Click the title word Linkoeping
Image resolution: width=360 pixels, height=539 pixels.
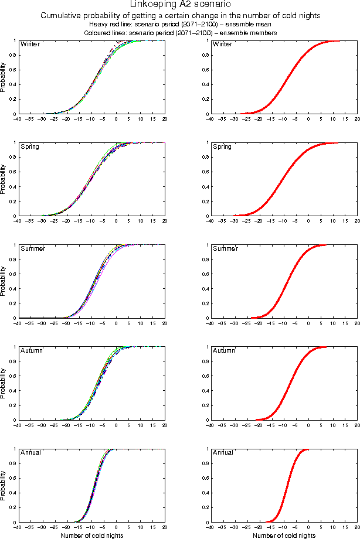pos(154,5)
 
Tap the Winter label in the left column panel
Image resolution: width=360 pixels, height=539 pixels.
pos(30,44)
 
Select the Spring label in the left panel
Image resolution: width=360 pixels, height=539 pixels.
pos(30,146)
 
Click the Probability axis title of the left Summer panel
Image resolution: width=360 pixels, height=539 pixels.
pos(4,281)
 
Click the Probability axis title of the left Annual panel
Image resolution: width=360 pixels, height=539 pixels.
pos(4,485)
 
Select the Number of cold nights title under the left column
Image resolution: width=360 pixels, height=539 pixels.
pos(91,535)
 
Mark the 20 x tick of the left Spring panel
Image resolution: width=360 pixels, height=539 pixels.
pos(165,222)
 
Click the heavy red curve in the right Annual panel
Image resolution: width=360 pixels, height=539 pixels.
pos(287,486)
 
